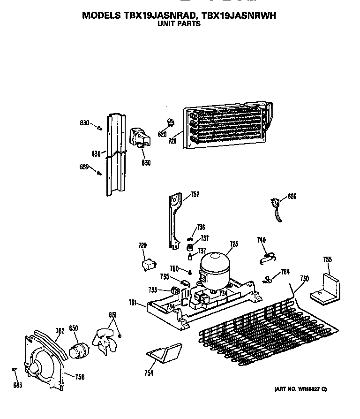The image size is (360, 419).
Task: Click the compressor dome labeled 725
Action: tap(214, 267)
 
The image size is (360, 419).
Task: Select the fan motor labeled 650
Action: tap(80, 350)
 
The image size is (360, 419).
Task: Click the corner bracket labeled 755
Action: tap(327, 288)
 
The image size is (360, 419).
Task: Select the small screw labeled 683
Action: tap(15, 370)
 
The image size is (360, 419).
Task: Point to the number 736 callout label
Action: tap(201, 227)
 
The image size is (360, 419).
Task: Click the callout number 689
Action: tap(84, 166)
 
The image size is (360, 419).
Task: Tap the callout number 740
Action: tap(261, 241)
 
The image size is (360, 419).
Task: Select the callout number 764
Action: tap(285, 272)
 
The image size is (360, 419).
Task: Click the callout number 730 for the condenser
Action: tap(305, 279)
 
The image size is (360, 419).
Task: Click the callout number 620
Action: tap(162, 134)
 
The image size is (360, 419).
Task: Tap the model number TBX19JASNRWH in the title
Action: tap(238, 15)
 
